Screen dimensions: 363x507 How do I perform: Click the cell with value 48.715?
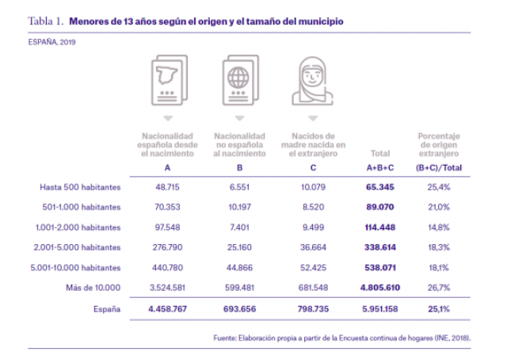point(167,187)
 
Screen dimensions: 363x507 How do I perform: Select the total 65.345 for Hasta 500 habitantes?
point(378,187)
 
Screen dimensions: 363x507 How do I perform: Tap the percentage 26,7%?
point(438,286)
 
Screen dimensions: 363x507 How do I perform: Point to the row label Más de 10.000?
point(97,286)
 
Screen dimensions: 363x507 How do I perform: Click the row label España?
point(106,308)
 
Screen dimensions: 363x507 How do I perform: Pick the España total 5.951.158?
point(378,308)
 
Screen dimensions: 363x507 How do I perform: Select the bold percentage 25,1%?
point(438,308)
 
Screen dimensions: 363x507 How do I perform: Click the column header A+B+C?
point(378,168)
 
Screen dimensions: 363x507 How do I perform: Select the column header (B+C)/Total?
point(438,168)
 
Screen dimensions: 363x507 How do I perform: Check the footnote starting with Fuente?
point(341,338)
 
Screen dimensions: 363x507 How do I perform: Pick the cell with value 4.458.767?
point(167,308)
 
